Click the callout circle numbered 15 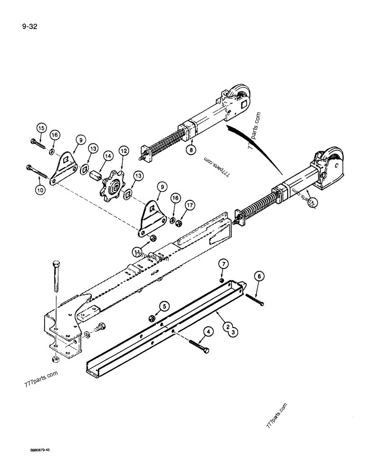point(41,128)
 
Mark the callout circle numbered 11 point(138,251)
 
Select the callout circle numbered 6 point(259,275)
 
